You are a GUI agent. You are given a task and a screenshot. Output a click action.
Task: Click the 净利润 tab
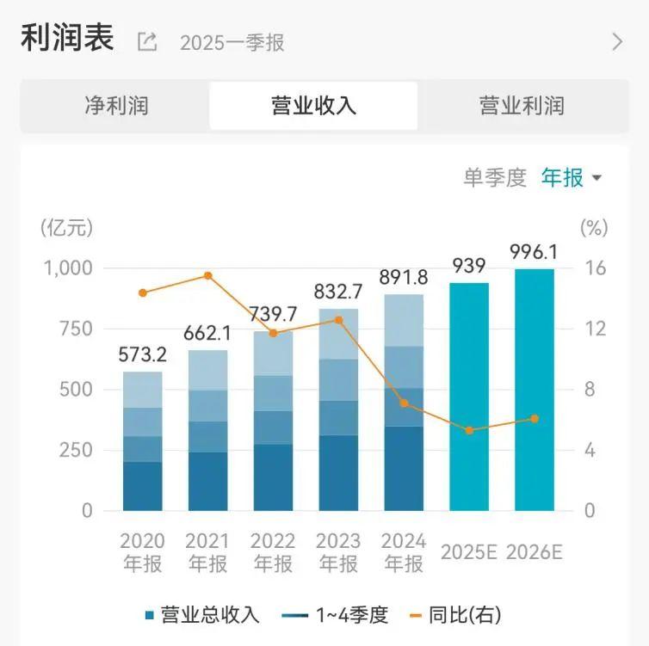tap(116, 106)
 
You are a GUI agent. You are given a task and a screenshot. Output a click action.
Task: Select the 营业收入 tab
tap(313, 106)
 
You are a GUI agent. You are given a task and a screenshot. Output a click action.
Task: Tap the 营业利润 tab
tap(521, 106)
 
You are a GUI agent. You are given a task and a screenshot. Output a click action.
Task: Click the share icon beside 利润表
tap(147, 41)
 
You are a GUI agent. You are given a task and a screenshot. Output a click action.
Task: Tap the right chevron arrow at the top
tap(616, 41)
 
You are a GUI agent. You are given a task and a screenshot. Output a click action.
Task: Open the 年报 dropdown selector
tap(571, 178)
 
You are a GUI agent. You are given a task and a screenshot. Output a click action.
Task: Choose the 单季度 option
tap(494, 178)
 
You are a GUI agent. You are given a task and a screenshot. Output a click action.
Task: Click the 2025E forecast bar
tap(469, 396)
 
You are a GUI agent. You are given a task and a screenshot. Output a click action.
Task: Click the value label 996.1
tap(535, 251)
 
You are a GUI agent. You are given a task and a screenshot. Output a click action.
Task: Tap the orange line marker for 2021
tap(207, 275)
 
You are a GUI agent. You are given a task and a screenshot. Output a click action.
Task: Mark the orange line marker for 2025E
tap(469, 430)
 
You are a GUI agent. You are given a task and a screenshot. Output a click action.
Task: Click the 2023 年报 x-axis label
tap(338, 552)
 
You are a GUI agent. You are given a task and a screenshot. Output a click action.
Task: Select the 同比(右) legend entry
tap(457, 615)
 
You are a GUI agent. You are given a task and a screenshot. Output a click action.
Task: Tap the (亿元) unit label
tap(66, 228)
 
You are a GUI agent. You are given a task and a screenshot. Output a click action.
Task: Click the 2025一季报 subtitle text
tap(232, 42)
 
